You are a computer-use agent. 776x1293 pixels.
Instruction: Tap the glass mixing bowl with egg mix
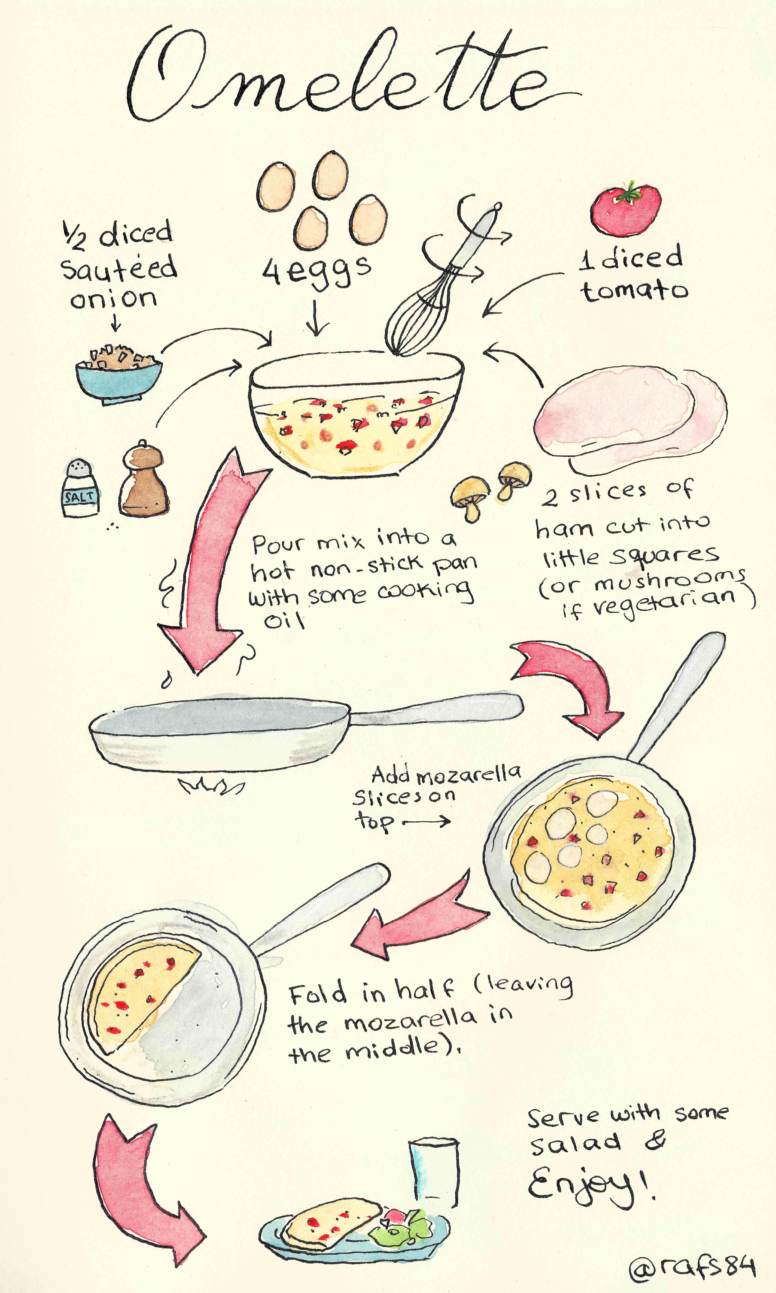pos(357,414)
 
